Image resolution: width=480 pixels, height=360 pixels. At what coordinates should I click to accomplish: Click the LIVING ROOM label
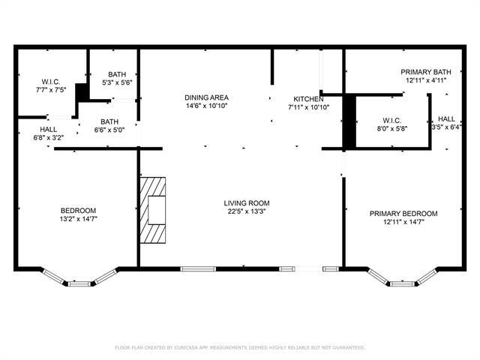(247, 203)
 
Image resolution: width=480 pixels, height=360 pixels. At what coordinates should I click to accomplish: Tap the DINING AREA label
(206, 97)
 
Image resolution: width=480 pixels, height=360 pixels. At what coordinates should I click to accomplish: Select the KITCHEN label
(308, 99)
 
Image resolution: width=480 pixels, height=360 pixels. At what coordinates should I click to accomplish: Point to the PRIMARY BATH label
(426, 71)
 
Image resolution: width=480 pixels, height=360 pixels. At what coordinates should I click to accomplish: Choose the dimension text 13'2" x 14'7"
(79, 218)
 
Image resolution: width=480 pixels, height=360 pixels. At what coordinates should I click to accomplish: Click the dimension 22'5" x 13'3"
(247, 212)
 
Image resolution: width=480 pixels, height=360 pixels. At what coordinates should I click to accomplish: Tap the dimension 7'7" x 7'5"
(51, 89)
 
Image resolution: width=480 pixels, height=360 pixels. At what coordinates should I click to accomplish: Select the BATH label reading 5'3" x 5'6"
(117, 74)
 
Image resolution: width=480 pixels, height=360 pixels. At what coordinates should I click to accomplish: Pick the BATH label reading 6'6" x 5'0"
(109, 121)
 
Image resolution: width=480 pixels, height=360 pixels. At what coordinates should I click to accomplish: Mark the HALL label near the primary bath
(446, 118)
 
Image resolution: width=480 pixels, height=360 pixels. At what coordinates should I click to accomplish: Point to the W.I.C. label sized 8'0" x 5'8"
(392, 120)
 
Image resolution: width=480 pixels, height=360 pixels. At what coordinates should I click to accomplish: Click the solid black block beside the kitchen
(349, 121)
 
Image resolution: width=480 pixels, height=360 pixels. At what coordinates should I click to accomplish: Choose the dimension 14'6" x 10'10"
(206, 106)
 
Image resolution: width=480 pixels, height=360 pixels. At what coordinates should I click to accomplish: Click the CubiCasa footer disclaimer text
(239, 347)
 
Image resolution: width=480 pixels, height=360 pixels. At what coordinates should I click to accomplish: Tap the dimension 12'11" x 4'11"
(426, 79)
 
